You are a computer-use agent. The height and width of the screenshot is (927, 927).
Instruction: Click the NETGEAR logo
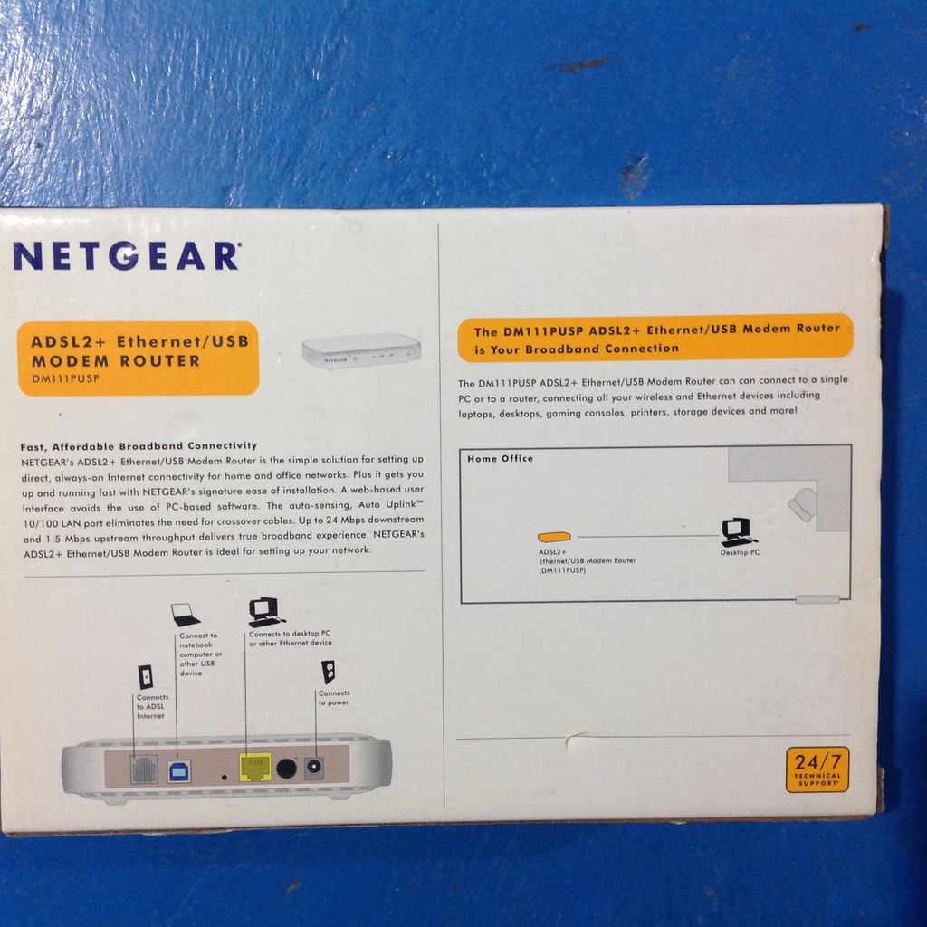click(127, 256)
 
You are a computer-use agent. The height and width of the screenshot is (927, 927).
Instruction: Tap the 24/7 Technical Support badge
click(817, 769)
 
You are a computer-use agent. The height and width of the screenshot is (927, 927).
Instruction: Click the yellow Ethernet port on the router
click(255, 767)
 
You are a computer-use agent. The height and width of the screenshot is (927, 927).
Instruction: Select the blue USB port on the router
click(178, 771)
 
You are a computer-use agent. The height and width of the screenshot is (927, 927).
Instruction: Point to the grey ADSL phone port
click(144, 769)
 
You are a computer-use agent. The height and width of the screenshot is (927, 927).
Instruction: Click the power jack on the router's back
click(314, 768)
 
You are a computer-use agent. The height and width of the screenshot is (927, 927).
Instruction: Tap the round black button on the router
click(286, 769)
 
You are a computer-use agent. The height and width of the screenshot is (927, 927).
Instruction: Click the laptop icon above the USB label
click(186, 615)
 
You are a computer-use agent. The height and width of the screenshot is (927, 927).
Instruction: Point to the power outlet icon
click(328, 673)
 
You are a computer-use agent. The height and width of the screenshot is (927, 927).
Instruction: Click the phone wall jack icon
click(146, 677)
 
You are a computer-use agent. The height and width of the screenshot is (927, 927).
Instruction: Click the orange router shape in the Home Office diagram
click(554, 537)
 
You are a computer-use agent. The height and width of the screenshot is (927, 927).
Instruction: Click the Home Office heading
click(500, 458)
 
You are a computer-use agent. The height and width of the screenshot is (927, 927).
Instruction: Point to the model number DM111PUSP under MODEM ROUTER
click(65, 378)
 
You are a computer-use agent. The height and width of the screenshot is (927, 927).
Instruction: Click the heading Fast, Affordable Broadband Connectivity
click(139, 446)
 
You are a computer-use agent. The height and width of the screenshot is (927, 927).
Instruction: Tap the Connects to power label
click(334, 698)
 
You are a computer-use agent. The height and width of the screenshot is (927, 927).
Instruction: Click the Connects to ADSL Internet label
click(152, 706)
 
